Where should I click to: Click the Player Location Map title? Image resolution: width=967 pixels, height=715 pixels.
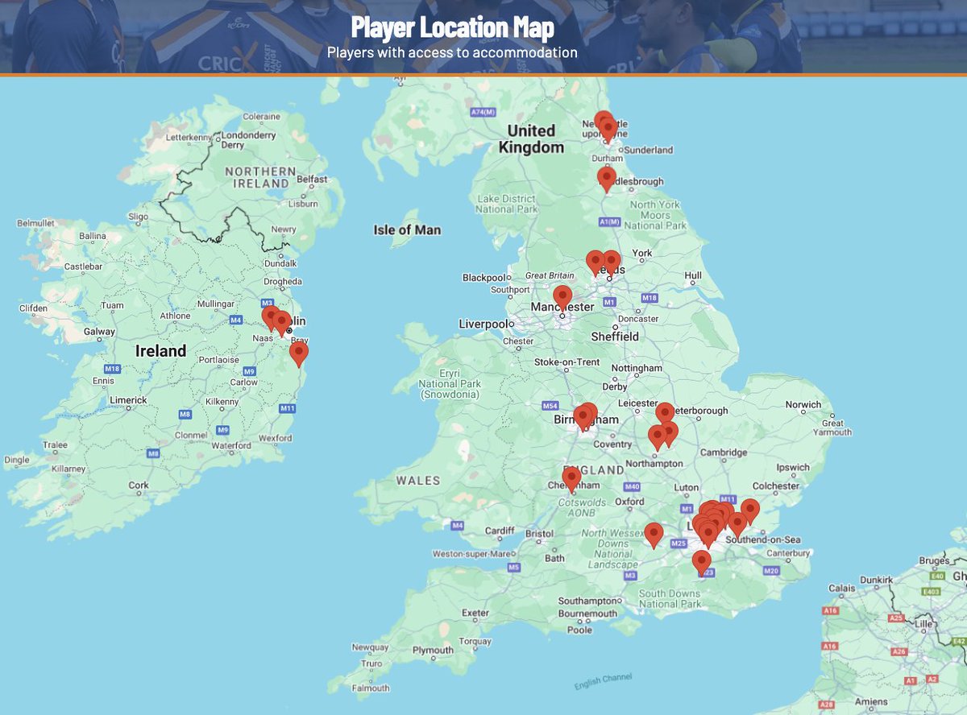coord(452,29)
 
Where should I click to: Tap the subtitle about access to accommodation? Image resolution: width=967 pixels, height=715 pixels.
coord(452,52)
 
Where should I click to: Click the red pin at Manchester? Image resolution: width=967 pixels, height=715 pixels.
coord(562,296)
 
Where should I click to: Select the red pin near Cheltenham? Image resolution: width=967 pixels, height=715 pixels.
coord(572,478)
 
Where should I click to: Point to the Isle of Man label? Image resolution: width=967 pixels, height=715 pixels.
coord(407,230)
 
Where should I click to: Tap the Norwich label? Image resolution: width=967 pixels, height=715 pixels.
coord(804,404)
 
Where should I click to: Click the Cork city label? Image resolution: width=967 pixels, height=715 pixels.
coord(139,486)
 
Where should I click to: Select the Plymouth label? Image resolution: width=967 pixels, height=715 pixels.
coord(432,651)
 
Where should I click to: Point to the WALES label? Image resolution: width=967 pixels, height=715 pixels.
coord(417,481)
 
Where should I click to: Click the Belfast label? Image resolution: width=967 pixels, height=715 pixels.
coord(312,180)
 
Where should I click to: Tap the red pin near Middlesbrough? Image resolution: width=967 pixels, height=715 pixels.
coord(607,178)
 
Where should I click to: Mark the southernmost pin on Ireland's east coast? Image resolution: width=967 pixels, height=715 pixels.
coord(299,352)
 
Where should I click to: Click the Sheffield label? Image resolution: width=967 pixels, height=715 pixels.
coord(615,337)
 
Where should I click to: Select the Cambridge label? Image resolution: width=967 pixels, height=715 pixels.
coord(724,453)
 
